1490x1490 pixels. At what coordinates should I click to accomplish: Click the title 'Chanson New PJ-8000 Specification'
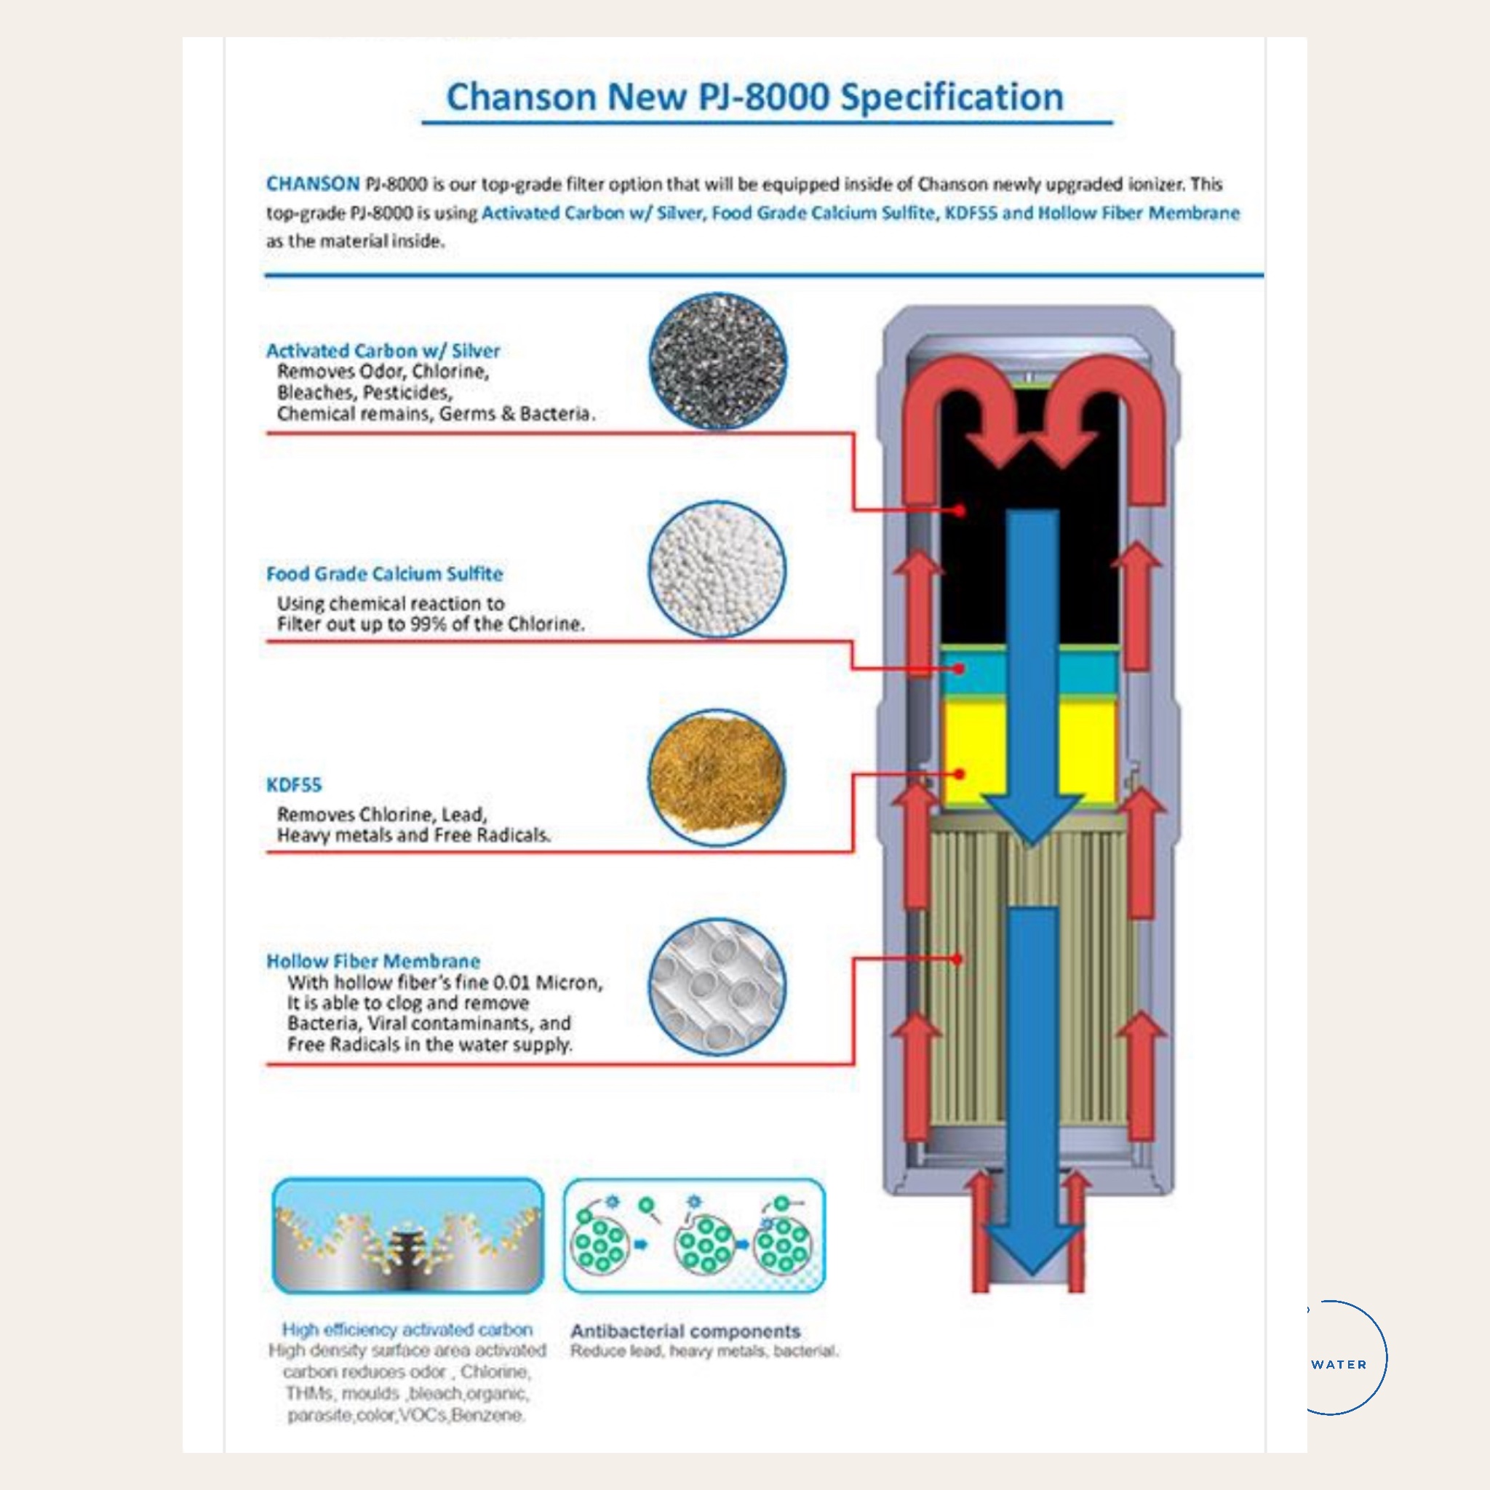click(x=754, y=98)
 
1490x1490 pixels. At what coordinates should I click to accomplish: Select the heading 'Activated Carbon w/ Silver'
click(x=383, y=351)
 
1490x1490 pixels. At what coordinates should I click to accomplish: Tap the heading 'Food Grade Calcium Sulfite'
click(x=384, y=574)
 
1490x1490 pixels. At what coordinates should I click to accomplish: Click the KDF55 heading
click(x=294, y=785)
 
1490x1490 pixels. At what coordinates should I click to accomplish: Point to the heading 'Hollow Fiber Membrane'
click(x=373, y=962)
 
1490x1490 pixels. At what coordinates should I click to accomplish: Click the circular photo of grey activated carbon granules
click(x=717, y=361)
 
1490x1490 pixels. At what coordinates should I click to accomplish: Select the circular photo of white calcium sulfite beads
click(x=717, y=570)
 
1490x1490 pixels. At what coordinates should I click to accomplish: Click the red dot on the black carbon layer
click(x=960, y=510)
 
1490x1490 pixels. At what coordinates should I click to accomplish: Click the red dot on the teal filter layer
click(x=960, y=669)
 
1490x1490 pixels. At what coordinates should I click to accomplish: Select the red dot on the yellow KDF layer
click(x=960, y=773)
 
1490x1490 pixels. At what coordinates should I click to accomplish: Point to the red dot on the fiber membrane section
click(x=957, y=960)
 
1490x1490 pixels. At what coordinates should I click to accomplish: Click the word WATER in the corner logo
click(x=1339, y=1364)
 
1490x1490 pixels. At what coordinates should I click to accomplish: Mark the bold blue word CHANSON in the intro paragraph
click(x=312, y=184)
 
